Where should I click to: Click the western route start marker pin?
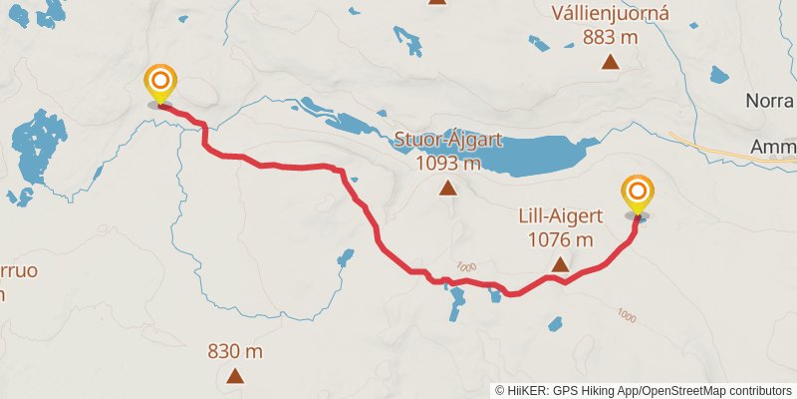coord(159,83)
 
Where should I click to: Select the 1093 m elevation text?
coord(448,163)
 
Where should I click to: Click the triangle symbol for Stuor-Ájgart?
coord(448,188)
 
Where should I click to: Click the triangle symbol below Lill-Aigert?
coord(560,264)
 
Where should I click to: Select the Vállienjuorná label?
coord(610,16)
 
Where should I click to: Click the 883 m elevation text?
coord(610,37)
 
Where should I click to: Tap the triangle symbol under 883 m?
coord(610,62)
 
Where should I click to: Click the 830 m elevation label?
coord(235,351)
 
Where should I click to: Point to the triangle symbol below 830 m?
coord(235,376)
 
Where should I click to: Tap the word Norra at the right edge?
coord(771,102)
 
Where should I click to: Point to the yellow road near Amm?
coord(717,145)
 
